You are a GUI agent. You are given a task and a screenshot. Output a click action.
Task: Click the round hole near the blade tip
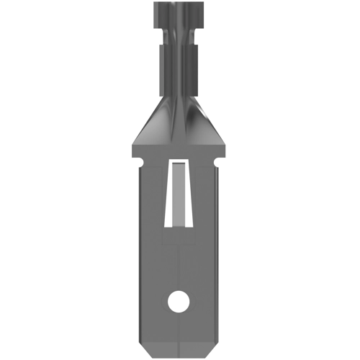[177, 302]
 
